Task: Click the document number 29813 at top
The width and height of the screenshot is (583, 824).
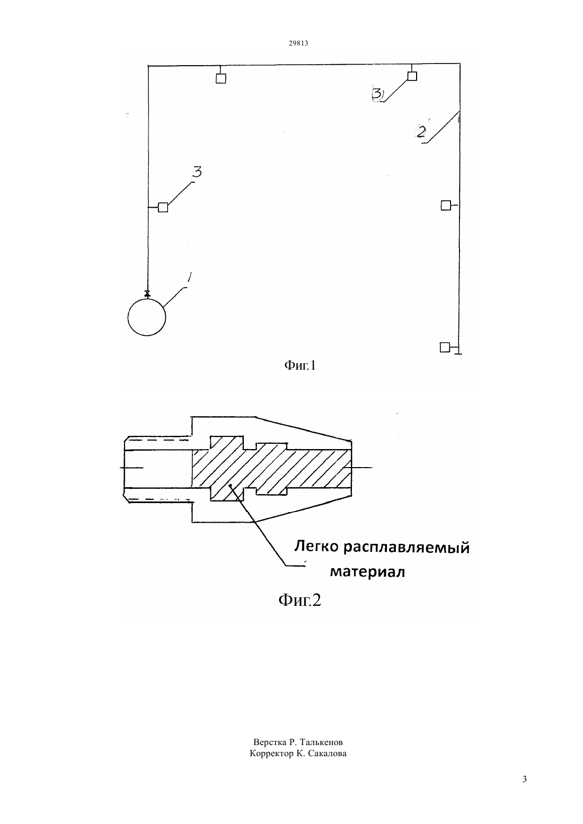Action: pyautogui.click(x=298, y=43)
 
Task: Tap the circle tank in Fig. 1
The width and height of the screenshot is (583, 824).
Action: pyautogui.click(x=147, y=317)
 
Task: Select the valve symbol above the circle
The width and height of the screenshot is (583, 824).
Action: pyautogui.click(x=147, y=293)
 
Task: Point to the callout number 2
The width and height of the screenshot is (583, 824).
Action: pyautogui.click(x=420, y=132)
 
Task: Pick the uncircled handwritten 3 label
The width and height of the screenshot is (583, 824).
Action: pyautogui.click(x=197, y=172)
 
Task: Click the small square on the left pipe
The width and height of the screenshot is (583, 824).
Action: pyautogui.click(x=163, y=208)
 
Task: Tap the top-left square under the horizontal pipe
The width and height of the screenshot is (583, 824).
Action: pyautogui.click(x=221, y=78)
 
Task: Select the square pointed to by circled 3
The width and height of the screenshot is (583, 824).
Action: pyautogui.click(x=412, y=76)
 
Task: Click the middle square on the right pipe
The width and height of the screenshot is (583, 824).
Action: pyautogui.click(x=446, y=205)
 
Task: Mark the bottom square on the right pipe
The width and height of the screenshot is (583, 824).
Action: pyautogui.click(x=445, y=347)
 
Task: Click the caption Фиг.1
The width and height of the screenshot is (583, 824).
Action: pyautogui.click(x=300, y=365)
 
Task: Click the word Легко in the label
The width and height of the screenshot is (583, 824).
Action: pyautogui.click(x=316, y=547)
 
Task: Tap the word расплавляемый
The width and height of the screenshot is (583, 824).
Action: pyautogui.click(x=407, y=548)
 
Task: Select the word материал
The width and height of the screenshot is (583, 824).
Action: pyautogui.click(x=367, y=572)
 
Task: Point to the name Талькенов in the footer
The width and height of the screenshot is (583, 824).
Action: pyautogui.click(x=321, y=742)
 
